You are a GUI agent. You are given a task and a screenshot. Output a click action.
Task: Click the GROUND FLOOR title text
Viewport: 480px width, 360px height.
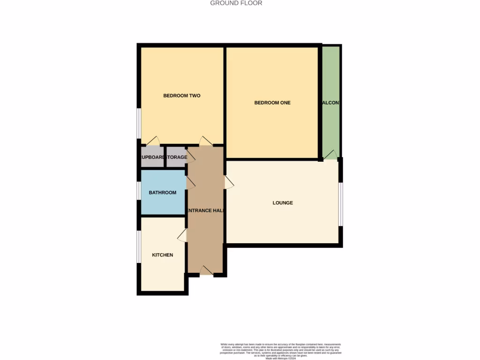tap(236, 3)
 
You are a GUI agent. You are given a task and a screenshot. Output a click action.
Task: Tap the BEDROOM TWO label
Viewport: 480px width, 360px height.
tap(182, 96)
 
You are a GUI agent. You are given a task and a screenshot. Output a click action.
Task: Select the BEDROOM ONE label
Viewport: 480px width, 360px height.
tap(272, 103)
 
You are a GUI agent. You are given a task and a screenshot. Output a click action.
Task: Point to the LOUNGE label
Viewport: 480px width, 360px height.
tap(283, 203)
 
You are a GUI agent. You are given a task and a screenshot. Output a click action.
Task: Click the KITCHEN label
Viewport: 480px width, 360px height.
tap(163, 255)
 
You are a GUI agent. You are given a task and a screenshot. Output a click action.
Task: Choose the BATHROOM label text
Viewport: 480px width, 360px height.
tap(163, 193)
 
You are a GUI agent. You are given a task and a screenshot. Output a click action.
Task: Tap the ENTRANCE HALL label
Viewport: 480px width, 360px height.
tap(205, 211)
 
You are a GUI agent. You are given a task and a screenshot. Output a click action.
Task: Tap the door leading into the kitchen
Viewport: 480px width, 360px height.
tap(183, 235)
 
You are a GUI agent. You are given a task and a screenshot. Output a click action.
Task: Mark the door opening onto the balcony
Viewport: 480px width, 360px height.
tap(330, 155)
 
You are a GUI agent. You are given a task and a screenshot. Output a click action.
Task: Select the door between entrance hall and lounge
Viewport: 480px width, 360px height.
tap(229, 182)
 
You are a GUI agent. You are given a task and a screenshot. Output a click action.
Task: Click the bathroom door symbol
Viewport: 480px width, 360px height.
tap(190, 183)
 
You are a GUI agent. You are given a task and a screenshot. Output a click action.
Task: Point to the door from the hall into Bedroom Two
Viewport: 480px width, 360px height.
tap(205, 141)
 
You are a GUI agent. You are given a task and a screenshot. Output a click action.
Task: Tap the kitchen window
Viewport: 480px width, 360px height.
tap(139, 247)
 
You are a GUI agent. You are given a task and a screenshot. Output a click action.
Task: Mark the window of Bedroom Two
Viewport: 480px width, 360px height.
tap(139, 124)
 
